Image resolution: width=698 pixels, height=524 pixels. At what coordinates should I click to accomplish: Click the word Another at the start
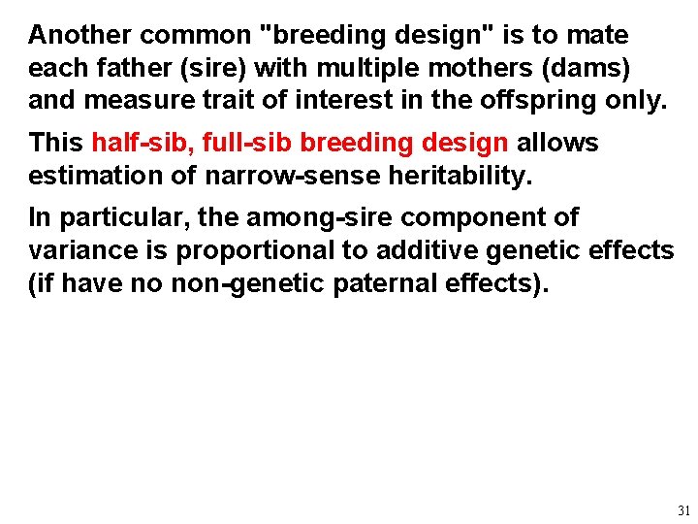point(80,36)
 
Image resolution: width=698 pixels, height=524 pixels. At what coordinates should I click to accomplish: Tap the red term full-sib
point(246,144)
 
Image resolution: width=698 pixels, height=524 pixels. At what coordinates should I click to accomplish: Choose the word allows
point(557,144)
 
